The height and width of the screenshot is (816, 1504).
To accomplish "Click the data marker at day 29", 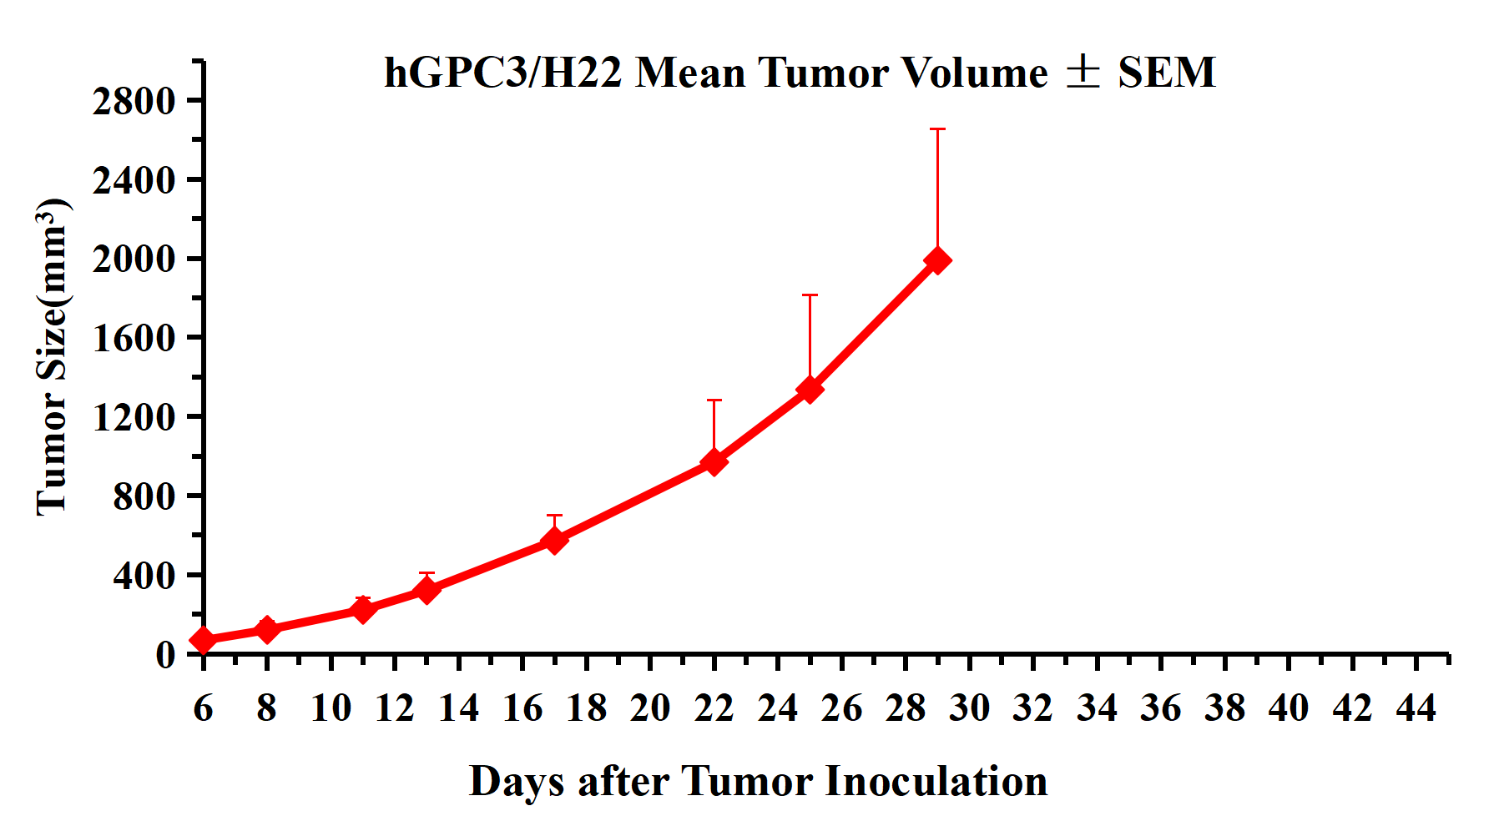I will [x=937, y=260].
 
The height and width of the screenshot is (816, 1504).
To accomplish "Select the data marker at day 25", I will [x=810, y=389].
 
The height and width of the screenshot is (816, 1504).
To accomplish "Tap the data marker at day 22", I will [x=714, y=461].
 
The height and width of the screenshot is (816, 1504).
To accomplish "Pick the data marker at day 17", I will [x=554, y=540].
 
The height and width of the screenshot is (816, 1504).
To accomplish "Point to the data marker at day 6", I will [x=203, y=640].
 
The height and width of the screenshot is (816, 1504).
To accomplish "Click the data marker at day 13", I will [x=426, y=590].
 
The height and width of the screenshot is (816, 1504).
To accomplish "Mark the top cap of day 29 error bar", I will [x=937, y=129].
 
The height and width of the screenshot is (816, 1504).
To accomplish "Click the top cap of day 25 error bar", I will [x=810, y=295].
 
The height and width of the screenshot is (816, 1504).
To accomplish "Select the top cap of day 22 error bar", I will [x=714, y=400].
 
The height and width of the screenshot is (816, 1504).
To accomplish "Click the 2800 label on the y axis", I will [x=134, y=101].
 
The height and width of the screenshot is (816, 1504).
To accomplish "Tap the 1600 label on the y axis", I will [x=134, y=338].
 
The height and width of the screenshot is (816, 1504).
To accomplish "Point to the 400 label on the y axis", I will [x=144, y=575].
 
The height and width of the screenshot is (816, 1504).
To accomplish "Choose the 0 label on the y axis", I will [x=165, y=653].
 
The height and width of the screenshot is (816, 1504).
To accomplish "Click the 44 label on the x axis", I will [x=1416, y=708].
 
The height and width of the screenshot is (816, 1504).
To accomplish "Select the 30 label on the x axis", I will [x=969, y=708].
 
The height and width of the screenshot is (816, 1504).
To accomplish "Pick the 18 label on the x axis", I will [x=586, y=708].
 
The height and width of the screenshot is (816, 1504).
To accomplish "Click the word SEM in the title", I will [x=1167, y=73].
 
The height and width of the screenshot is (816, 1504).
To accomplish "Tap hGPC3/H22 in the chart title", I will [x=502, y=73].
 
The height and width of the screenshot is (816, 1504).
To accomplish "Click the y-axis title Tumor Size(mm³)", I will [x=52, y=357].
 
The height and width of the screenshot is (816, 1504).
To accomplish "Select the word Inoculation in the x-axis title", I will [x=936, y=782].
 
